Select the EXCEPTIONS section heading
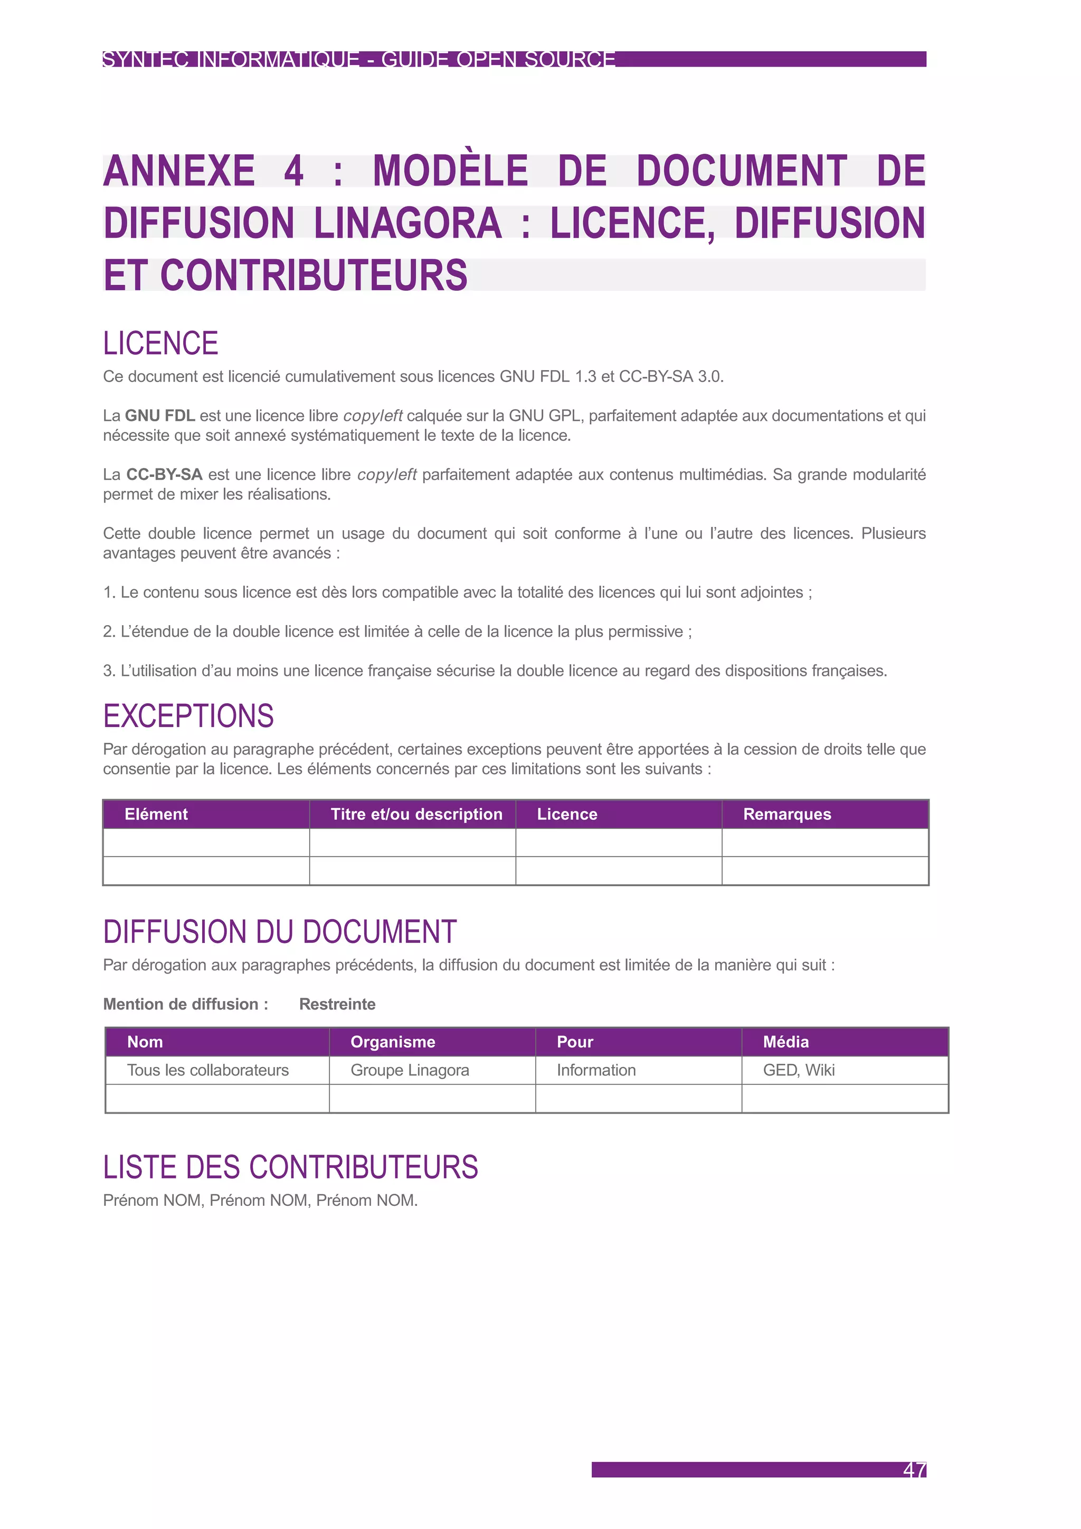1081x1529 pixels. [188, 716]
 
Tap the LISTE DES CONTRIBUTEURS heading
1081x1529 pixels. [290, 1167]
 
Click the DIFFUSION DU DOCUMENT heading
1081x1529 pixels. [280, 932]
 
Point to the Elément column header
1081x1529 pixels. [156, 815]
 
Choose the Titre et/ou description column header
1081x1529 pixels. [416, 815]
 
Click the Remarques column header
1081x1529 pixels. [787, 815]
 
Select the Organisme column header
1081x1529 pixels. [393, 1042]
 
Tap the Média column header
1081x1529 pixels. [785, 1042]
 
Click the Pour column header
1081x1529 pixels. [574, 1042]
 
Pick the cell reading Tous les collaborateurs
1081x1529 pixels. [207, 1070]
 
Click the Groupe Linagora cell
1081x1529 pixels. [410, 1070]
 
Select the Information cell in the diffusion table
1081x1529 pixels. [596, 1070]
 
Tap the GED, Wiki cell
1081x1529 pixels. [798, 1070]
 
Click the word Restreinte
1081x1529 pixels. [337, 1004]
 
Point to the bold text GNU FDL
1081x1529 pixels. [160, 416]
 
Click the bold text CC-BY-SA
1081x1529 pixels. [164, 475]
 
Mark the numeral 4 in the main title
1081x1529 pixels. [293, 171]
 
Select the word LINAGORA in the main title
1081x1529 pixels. [407, 223]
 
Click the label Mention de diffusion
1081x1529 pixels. [185, 1004]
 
